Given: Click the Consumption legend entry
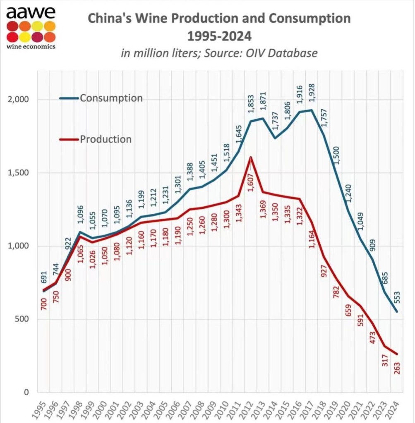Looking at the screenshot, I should (111, 98).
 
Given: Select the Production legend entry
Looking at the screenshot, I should (106, 139).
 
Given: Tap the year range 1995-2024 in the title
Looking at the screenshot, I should (219, 36).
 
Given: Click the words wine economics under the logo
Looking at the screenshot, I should (31, 46).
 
